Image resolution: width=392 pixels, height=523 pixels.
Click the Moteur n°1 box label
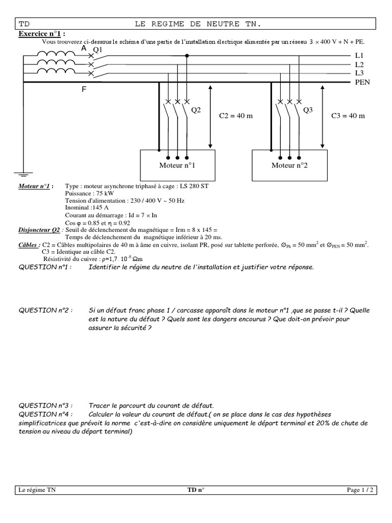point(177,165)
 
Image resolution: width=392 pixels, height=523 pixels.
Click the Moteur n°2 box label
point(289,165)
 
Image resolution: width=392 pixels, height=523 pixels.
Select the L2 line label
point(359,65)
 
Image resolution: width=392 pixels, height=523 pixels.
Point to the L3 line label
point(359,74)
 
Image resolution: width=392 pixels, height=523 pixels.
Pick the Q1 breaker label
point(98,50)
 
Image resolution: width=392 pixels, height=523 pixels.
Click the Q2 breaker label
point(197,110)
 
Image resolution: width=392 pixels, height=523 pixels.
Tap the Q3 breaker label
point(308,110)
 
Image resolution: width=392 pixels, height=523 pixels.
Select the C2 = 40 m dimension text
point(236,116)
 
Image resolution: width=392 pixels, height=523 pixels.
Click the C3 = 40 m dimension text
point(348,116)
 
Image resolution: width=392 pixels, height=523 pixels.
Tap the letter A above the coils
point(84,48)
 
